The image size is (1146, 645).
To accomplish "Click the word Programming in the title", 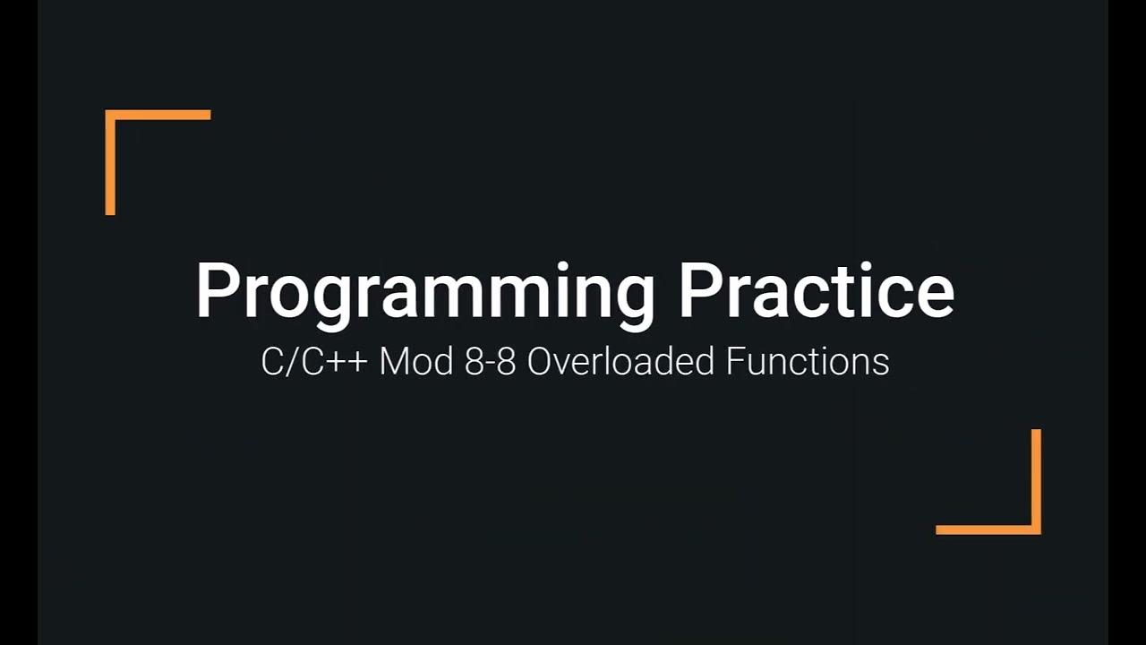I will pyautogui.click(x=425, y=291).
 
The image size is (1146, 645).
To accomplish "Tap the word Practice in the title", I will pyautogui.click(x=816, y=291).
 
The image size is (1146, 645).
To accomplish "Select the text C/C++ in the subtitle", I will pyautogui.click(x=313, y=362).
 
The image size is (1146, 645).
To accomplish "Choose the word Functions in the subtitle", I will pyautogui.click(x=807, y=362).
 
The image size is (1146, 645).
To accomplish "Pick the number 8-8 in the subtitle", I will pyautogui.click(x=490, y=362).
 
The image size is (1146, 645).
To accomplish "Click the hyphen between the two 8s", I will pyautogui.click(x=490, y=365).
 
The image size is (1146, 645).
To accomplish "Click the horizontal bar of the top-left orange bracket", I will pyautogui.click(x=158, y=115).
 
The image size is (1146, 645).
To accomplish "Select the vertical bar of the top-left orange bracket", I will pyautogui.click(x=110, y=163).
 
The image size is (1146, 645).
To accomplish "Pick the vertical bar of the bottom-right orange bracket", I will pyautogui.click(x=1036, y=481).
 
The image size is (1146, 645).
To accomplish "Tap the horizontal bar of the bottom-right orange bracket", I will pyautogui.click(x=988, y=529).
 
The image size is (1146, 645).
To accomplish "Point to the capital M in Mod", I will pyautogui.click(x=393, y=362).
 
